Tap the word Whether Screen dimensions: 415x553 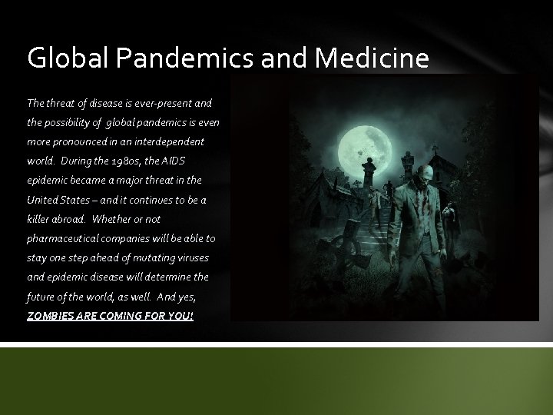(134, 220)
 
